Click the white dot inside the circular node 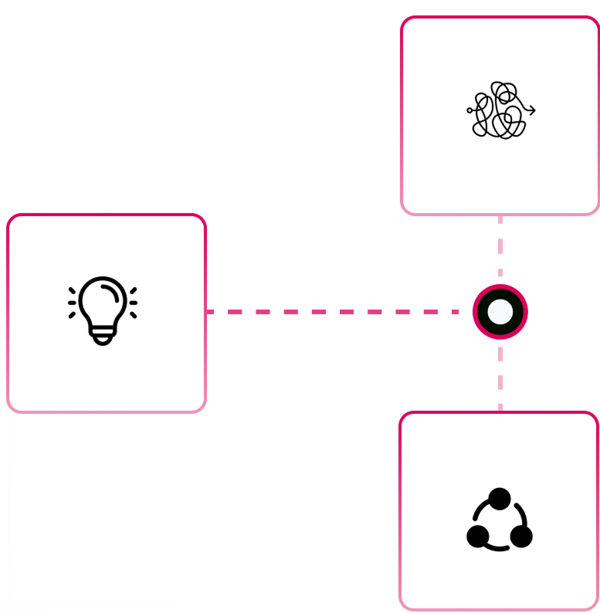pos(500,312)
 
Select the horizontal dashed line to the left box pos(332,312)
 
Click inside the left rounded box pos(107,313)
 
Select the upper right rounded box pos(500,115)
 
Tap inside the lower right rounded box pos(499,510)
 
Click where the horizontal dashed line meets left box pos(206,312)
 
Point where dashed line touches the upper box pos(500,215)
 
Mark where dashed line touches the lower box pos(500,411)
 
